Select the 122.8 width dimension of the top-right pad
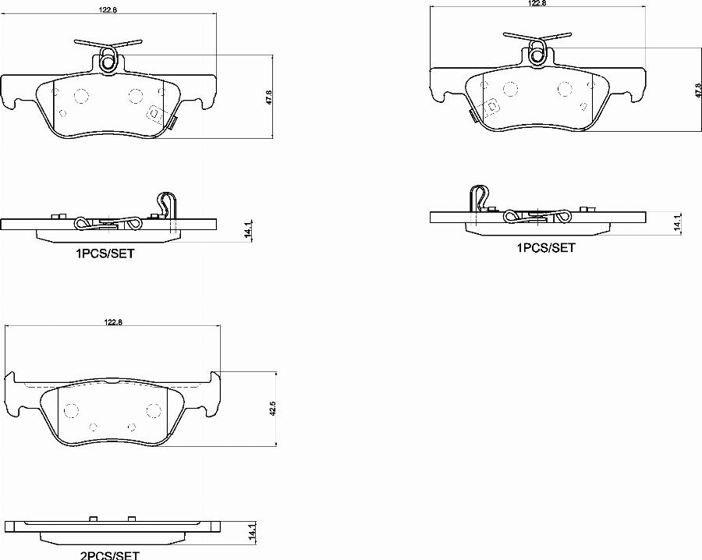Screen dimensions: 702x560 tap(537, 2)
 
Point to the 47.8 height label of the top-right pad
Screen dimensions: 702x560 tap(698, 90)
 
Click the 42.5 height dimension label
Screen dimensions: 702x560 tap(274, 409)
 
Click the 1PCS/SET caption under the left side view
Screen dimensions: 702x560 tap(105, 253)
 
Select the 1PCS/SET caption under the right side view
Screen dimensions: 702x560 tap(546, 247)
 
